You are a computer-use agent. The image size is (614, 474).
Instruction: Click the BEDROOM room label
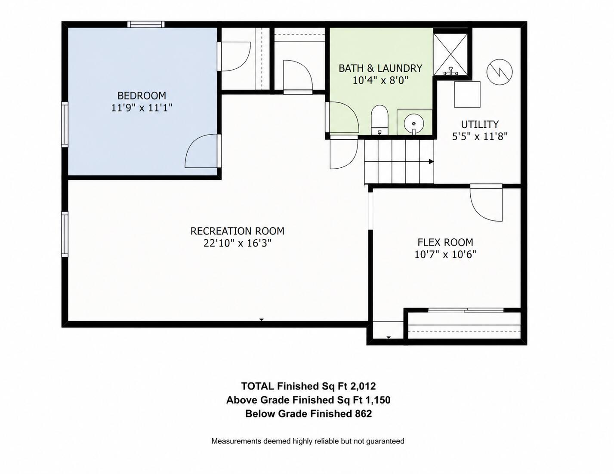pyautogui.click(x=142, y=96)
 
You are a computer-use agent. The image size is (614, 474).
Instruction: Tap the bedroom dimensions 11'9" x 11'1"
pyautogui.click(x=142, y=108)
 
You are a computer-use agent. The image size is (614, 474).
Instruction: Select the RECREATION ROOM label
pyautogui.click(x=238, y=231)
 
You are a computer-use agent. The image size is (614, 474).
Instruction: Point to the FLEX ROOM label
pyautogui.click(x=445, y=242)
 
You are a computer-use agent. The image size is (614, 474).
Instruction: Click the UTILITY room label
pyautogui.click(x=480, y=124)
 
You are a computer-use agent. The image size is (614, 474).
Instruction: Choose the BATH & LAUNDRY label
pyautogui.click(x=380, y=68)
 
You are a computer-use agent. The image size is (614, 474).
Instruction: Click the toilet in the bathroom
pyautogui.click(x=379, y=120)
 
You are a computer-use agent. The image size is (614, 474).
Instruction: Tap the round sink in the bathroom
pyautogui.click(x=414, y=124)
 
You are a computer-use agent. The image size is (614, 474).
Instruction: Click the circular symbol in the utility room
pyautogui.click(x=500, y=72)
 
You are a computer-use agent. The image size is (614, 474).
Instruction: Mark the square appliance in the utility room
pyautogui.click(x=467, y=94)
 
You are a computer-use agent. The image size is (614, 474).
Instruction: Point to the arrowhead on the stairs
pyautogui.click(x=431, y=162)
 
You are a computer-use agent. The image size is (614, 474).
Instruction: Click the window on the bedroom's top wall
pyautogui.click(x=146, y=24)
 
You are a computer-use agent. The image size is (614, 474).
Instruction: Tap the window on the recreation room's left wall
pyautogui.click(x=65, y=234)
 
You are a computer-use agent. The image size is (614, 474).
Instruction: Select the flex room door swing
pyautogui.click(x=487, y=205)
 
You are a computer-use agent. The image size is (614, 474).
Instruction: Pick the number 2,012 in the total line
pyautogui.click(x=363, y=386)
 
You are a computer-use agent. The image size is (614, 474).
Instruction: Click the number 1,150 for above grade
pyautogui.click(x=377, y=400)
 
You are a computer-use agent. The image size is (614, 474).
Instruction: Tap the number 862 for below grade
pyautogui.click(x=363, y=414)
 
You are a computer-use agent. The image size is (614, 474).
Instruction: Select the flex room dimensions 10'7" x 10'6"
pyautogui.click(x=445, y=255)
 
